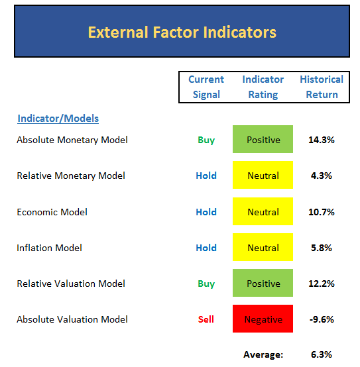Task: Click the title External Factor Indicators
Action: [x=182, y=32]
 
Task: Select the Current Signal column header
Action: [x=206, y=87]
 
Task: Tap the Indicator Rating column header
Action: [x=263, y=87]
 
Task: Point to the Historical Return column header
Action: [x=322, y=87]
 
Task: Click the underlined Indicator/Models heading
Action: [x=58, y=119]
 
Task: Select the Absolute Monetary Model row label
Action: [x=72, y=140]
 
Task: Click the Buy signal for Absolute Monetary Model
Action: [x=206, y=140]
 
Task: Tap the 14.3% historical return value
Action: [x=322, y=140]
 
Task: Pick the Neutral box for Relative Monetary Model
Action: [x=263, y=175]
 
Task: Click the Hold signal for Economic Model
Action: [x=206, y=212]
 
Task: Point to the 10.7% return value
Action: [x=322, y=212]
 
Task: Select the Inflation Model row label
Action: [x=49, y=248]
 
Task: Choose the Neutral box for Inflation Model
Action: [x=263, y=247]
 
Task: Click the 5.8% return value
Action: [x=322, y=248]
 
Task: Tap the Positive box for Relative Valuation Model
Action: [x=263, y=283]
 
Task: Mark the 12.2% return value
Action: [x=322, y=284]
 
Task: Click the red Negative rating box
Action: [x=263, y=319]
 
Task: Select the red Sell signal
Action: [x=206, y=319]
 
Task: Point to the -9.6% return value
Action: [x=322, y=319]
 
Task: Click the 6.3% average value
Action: [x=322, y=354]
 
